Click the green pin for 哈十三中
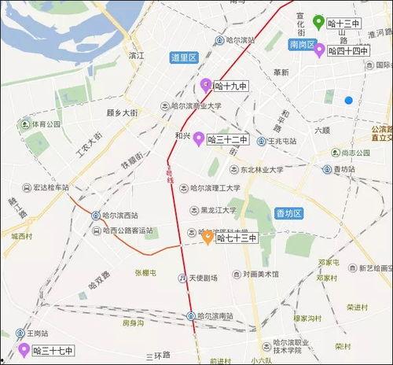click(x=318, y=22)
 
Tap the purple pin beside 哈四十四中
click(x=319, y=50)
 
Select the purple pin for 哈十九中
click(x=206, y=86)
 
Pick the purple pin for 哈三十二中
click(x=198, y=139)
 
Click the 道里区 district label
click(x=183, y=57)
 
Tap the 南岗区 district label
click(x=301, y=46)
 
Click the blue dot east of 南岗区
click(x=348, y=100)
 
